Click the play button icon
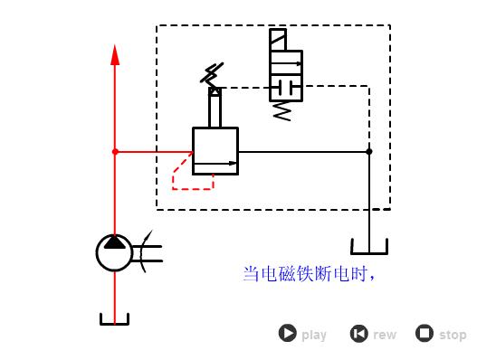287,333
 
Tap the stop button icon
424,333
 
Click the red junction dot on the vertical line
115,152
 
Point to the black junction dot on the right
369,151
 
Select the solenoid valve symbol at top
286,68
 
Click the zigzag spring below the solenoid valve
282,111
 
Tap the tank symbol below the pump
115,319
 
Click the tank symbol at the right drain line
369,246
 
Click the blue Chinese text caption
309,273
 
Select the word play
314,335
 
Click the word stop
453,335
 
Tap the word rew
385,335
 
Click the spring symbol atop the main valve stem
215,73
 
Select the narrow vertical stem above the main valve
215,109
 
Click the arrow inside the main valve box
217,164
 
